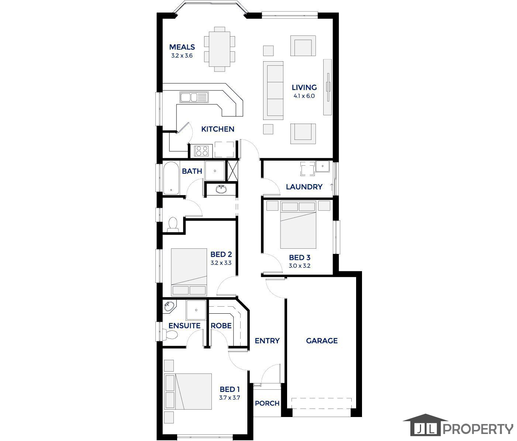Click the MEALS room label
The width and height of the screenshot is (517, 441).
[182, 47]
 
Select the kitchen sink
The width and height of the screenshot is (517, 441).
[194, 97]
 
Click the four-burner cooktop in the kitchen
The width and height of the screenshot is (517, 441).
[202, 151]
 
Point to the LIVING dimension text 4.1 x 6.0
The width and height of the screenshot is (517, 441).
[304, 96]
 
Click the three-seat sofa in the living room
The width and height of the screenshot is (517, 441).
[273, 90]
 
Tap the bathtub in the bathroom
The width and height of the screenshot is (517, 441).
[171, 178]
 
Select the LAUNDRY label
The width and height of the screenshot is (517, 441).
[304, 187]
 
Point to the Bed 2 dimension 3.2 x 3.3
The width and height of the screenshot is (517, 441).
[221, 263]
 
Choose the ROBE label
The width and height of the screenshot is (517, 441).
[221, 326]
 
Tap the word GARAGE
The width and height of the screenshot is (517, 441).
[322, 341]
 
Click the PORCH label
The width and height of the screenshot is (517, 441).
[267, 403]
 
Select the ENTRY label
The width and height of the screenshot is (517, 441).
[267, 341]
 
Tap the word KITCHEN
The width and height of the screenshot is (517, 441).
[218, 129]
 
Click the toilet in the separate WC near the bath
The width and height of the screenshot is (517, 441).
[172, 224]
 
